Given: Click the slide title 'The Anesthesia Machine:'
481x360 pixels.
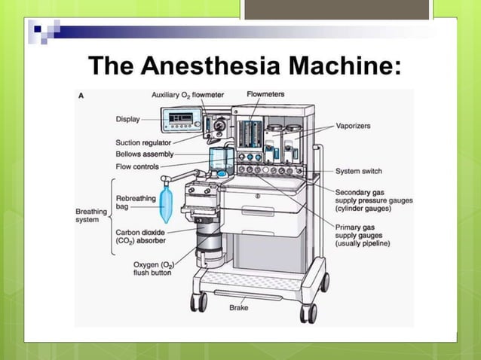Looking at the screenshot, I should click(x=245, y=66).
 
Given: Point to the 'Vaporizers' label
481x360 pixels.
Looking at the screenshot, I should click(x=352, y=126).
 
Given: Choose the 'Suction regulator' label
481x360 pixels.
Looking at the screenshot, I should click(x=142, y=142).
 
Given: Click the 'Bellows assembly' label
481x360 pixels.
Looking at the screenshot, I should click(x=143, y=154).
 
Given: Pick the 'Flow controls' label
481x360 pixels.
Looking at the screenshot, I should click(x=137, y=166).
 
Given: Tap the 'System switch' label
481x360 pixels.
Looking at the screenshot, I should click(x=358, y=171).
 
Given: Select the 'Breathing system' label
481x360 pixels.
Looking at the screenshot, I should click(x=91, y=216).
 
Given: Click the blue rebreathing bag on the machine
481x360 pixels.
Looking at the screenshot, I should click(x=167, y=204).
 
